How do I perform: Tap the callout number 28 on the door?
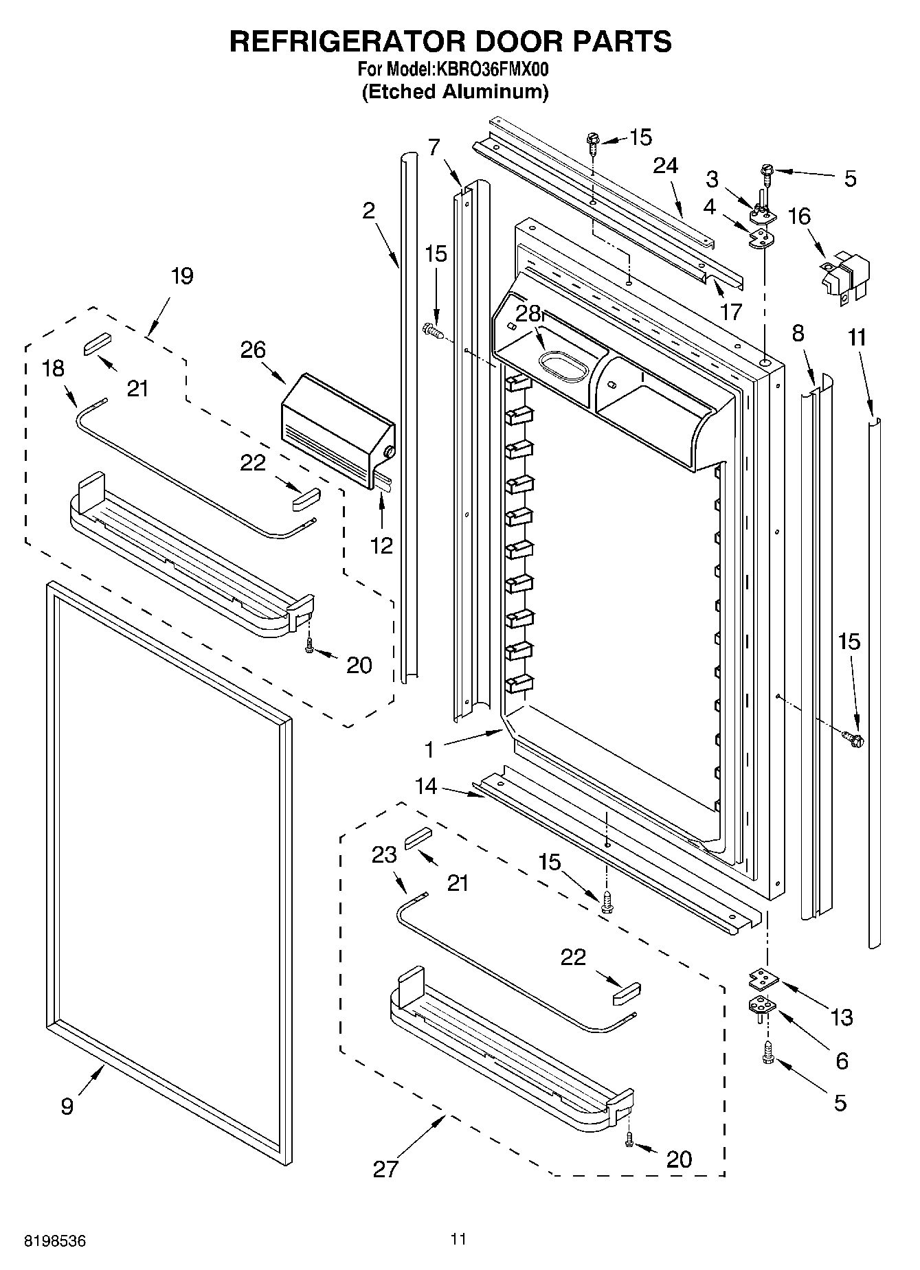coord(528,313)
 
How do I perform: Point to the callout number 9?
coord(67,1107)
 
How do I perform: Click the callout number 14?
coord(426,786)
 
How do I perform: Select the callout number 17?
coord(730,312)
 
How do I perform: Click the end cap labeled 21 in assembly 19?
coord(96,344)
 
